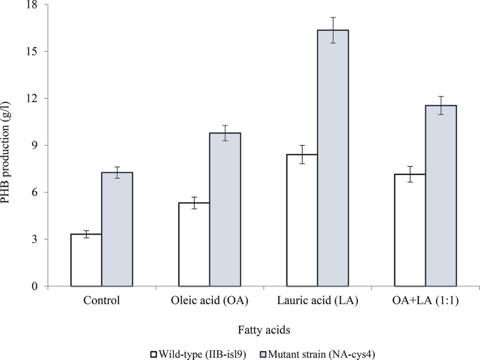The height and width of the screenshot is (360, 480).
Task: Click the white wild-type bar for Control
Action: click(86, 260)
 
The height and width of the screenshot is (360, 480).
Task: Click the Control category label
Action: click(102, 302)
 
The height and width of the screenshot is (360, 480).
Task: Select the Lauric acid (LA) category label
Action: click(317, 302)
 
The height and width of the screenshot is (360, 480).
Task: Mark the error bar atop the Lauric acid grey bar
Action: click(333, 30)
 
